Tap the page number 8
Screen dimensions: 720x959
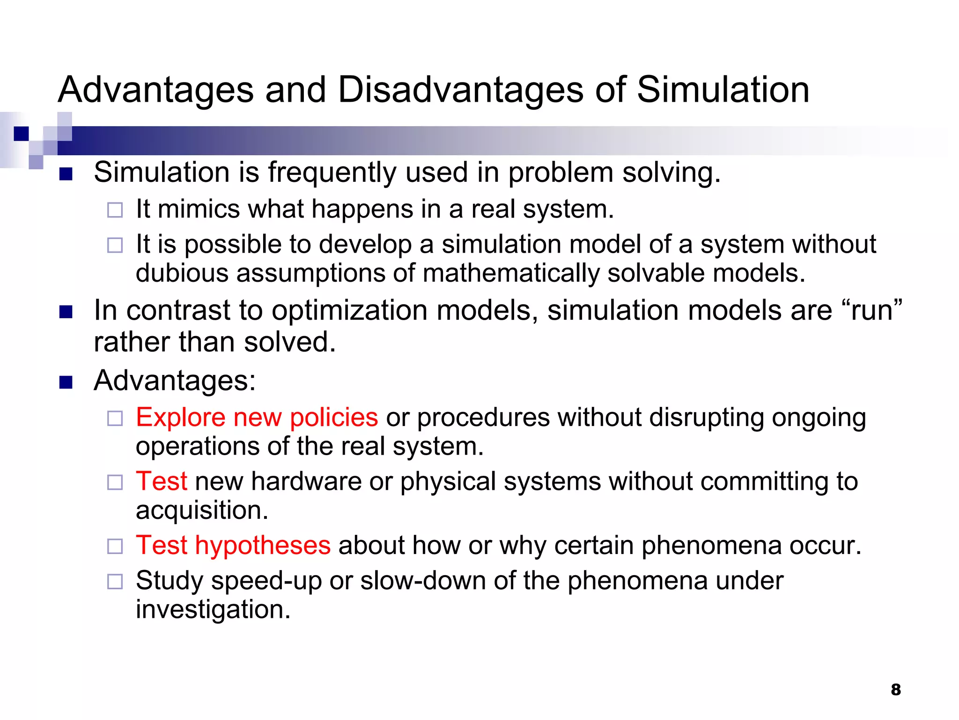click(895, 690)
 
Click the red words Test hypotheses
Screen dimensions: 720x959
click(233, 545)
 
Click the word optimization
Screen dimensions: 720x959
click(350, 311)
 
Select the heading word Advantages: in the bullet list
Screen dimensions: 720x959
click(175, 380)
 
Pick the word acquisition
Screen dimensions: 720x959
click(202, 510)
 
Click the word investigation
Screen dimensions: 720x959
click(213, 610)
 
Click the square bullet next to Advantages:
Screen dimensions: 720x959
click(66, 382)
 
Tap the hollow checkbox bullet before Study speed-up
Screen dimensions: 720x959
click(115, 582)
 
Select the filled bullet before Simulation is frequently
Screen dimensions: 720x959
click(66, 174)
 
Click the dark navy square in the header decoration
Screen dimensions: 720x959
click(22, 134)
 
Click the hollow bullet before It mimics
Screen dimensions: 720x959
click(115, 210)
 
